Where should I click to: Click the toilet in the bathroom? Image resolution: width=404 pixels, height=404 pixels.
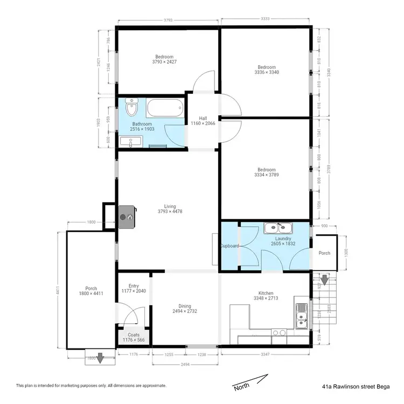(131, 108)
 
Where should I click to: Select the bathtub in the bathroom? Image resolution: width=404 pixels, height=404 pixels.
(166, 109)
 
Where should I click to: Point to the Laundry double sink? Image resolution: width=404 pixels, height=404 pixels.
(278, 229)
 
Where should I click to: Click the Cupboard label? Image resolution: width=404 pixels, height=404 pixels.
(229, 246)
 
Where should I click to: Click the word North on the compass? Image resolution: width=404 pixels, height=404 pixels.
(241, 387)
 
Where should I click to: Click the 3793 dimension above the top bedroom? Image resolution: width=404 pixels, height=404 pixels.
(168, 21)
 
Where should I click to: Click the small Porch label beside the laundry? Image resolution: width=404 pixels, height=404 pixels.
(324, 253)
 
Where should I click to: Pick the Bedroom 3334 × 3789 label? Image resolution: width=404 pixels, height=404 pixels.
(266, 172)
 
